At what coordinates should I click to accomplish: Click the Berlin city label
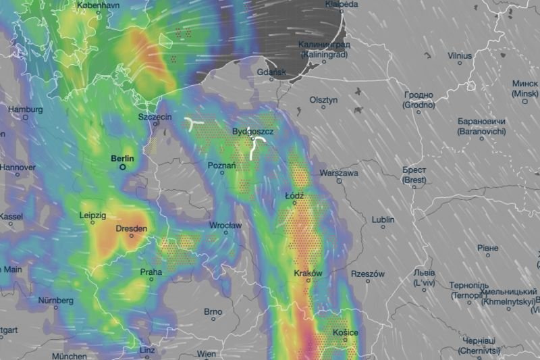point(122,158)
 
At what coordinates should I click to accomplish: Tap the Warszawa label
point(339,173)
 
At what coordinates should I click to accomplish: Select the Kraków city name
point(308,274)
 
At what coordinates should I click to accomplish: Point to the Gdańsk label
point(273,72)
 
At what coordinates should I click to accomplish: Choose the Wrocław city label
point(225,224)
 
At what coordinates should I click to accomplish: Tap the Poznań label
point(221,165)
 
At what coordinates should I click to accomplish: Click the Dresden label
point(132,229)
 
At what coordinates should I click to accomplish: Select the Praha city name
point(151,272)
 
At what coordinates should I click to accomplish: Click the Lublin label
point(383,220)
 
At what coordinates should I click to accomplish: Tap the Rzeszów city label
point(368,274)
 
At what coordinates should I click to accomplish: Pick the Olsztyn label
point(323,99)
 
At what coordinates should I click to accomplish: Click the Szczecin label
point(155,117)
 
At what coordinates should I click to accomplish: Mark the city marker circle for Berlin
point(123,166)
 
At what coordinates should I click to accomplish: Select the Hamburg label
point(25,108)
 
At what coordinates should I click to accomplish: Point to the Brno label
point(213,311)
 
